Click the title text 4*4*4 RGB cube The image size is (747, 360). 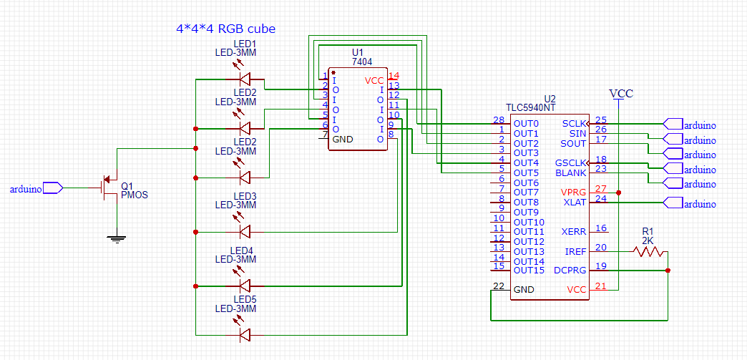point(225,29)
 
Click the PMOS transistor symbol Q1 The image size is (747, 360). point(107,188)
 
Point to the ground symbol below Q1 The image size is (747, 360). point(116,238)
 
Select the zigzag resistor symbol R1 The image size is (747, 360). point(648,251)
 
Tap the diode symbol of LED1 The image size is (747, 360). point(245,79)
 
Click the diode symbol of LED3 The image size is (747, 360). point(245,232)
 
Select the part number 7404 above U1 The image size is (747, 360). point(362,62)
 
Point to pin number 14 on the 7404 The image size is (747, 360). point(394,76)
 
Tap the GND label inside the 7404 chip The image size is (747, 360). point(343,140)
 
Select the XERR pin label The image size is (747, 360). point(575,232)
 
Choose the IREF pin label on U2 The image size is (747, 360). point(577,251)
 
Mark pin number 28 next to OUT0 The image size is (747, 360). point(498,120)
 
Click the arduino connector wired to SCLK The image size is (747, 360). point(689,125)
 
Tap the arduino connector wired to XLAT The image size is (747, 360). point(689,203)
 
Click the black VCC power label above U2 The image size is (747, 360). point(621,94)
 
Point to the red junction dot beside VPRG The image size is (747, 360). point(618,193)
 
